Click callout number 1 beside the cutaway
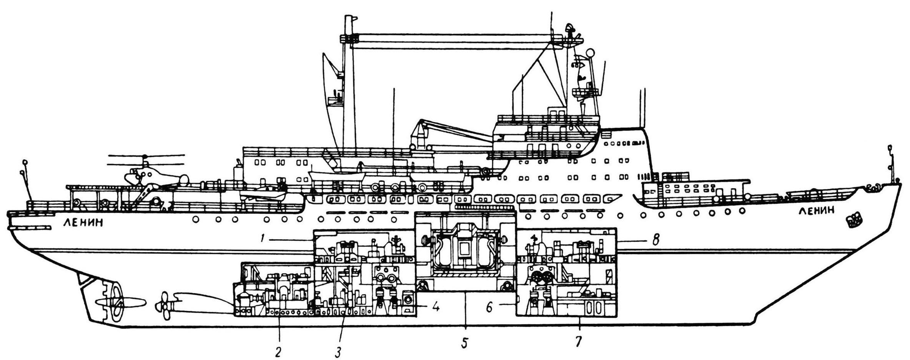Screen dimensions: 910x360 click(x=261, y=239)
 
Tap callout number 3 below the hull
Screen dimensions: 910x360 click(x=338, y=352)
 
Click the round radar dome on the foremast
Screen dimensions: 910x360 click(x=590, y=53)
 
